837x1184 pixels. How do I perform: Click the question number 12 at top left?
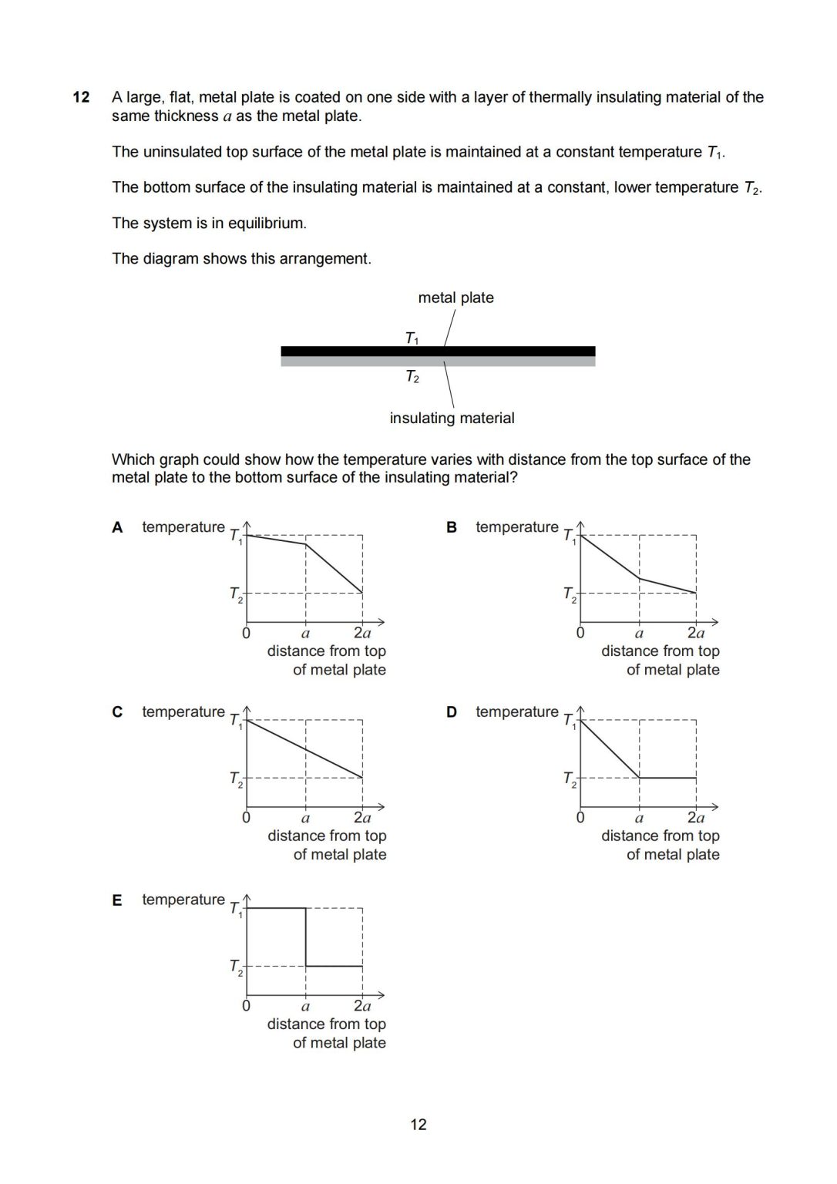coord(81,97)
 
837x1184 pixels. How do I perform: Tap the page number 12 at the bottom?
coord(418,1125)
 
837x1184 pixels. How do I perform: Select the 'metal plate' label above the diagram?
coord(455,298)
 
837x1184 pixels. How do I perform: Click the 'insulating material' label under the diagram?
coord(452,418)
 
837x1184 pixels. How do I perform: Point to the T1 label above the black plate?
coord(412,338)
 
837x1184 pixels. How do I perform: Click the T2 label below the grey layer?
coord(412,377)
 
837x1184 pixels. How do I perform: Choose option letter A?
coord(117,527)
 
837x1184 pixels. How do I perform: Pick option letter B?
coord(452,527)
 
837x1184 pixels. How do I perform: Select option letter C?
coord(117,711)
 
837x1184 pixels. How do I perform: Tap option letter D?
coord(452,711)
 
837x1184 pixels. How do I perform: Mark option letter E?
coord(117,900)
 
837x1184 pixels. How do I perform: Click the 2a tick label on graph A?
coord(361,634)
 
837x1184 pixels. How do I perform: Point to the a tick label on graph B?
coord(639,634)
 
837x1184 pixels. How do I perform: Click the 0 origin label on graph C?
coord(246,818)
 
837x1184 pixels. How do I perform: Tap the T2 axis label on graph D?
coord(570,779)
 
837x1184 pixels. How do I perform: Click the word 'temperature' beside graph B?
coord(516,527)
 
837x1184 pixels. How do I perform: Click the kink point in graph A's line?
coord(306,544)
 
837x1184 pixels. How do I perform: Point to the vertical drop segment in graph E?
coord(306,937)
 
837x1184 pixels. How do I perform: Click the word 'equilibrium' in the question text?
coord(265,224)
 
